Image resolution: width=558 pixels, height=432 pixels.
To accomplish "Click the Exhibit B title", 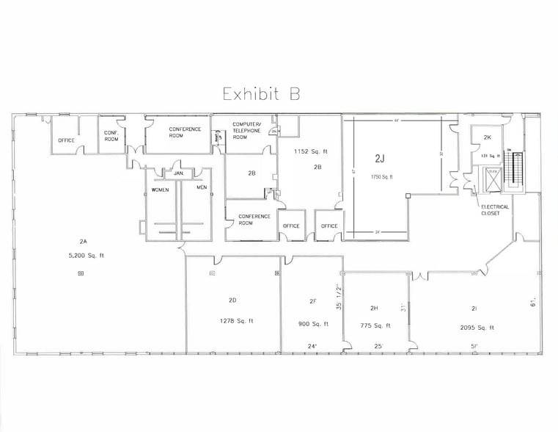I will (x=261, y=94).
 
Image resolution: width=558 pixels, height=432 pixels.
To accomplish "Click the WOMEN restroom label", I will (x=160, y=190).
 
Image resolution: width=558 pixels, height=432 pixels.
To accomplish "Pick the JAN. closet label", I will (x=178, y=173).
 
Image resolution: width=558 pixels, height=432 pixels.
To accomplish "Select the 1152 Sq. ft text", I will (x=310, y=152).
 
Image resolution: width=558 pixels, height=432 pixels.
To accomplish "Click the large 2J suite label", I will (x=381, y=158).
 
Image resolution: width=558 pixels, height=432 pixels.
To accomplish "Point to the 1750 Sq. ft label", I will (x=381, y=176).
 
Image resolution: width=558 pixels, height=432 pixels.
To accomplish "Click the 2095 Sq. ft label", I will (x=477, y=328).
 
